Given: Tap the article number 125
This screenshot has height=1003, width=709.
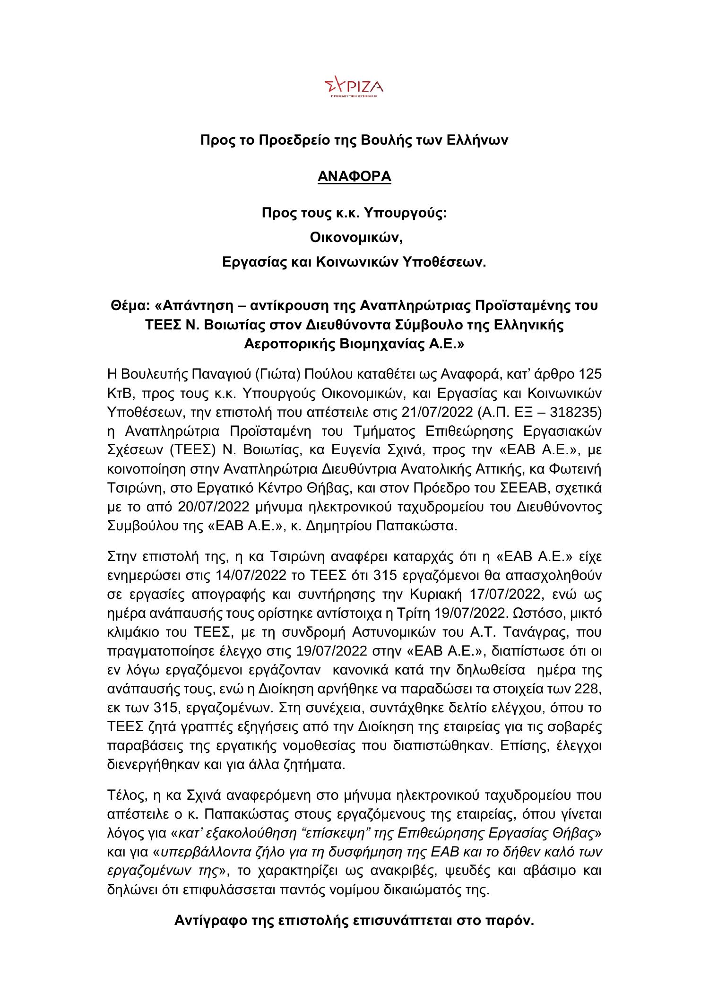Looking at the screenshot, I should coord(589,374).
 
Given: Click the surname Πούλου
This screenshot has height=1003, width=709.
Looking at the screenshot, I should coord(327,374).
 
